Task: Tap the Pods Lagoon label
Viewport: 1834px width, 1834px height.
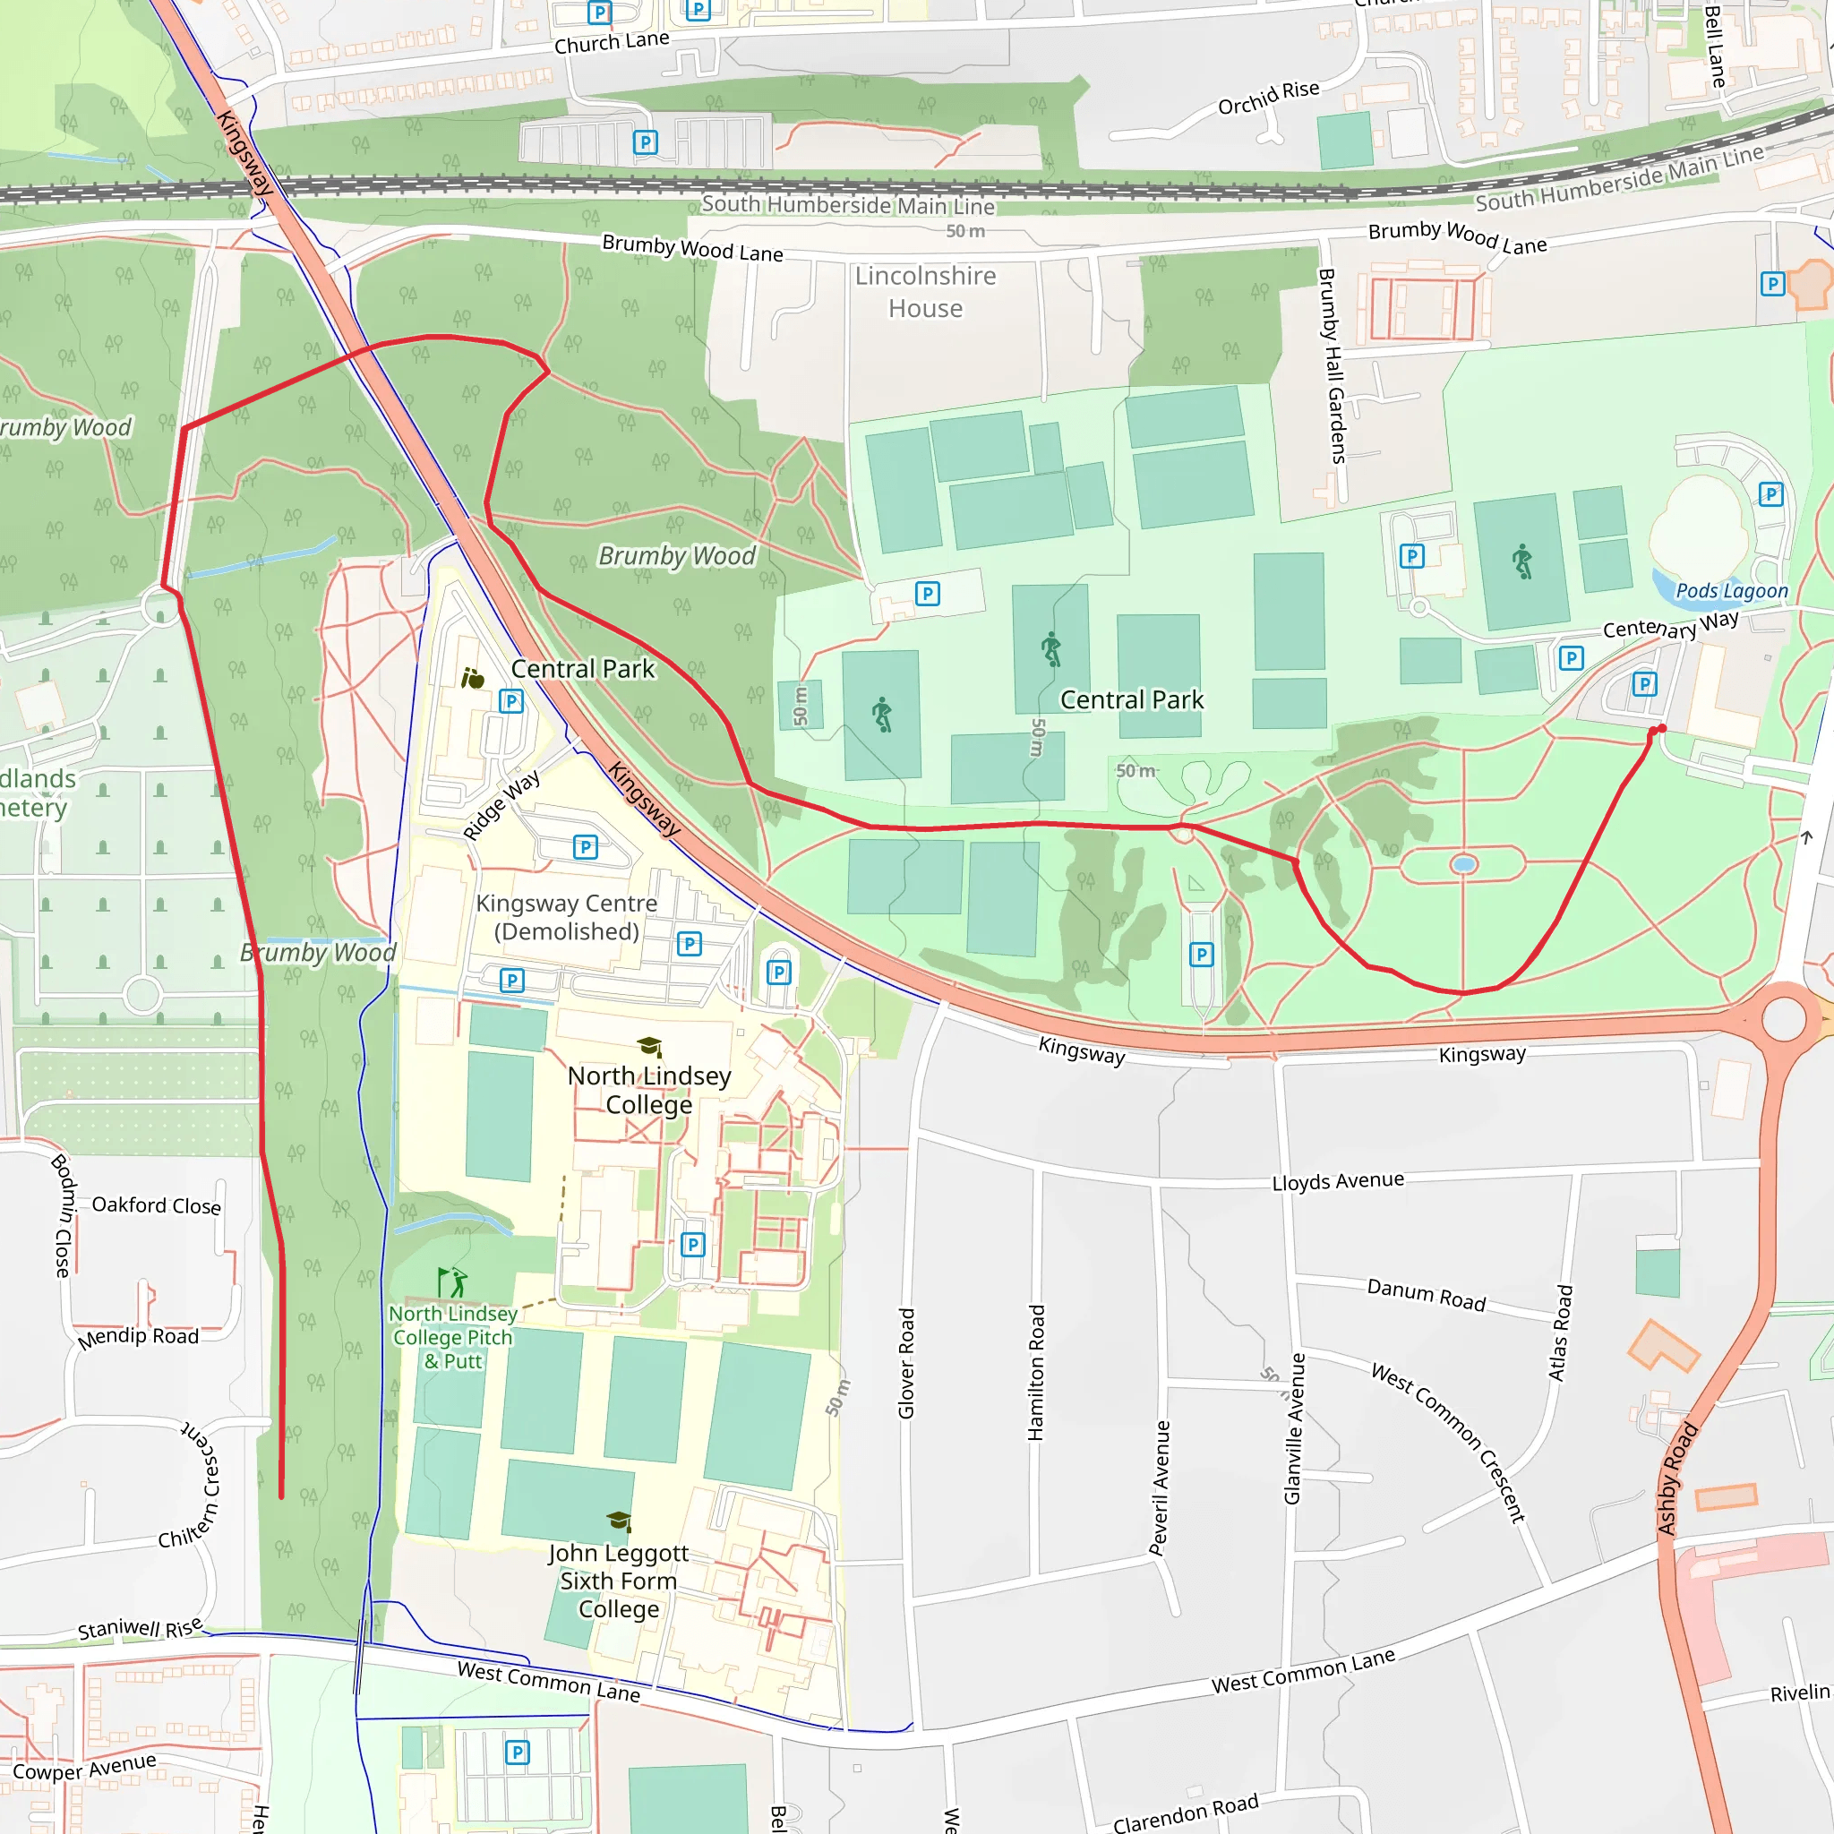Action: [1732, 590]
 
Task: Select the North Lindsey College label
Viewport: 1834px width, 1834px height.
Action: [649, 1090]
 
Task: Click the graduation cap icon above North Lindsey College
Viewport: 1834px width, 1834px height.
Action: [649, 1046]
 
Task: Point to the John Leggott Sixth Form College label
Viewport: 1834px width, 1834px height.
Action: [618, 1581]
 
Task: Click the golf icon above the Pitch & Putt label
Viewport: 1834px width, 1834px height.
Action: [453, 1281]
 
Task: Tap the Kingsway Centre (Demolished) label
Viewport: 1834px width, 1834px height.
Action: [567, 917]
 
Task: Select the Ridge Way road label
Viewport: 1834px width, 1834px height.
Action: [501, 805]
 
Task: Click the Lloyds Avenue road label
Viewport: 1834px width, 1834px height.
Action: [1338, 1181]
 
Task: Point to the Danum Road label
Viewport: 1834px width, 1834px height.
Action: [1426, 1295]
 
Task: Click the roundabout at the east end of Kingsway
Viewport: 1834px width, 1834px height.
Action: [1784, 1018]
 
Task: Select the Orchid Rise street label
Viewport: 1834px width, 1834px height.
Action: [1268, 97]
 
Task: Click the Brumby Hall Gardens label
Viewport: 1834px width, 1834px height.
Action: [1332, 365]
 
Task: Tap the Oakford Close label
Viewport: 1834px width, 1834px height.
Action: [157, 1204]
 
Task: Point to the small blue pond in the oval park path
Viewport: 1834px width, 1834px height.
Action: [1464, 864]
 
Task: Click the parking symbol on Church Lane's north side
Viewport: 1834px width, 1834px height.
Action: [599, 13]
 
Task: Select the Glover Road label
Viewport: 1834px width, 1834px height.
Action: [906, 1363]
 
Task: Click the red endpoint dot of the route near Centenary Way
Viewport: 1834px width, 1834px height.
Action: [1658, 729]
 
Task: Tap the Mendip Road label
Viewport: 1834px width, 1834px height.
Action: [139, 1337]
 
